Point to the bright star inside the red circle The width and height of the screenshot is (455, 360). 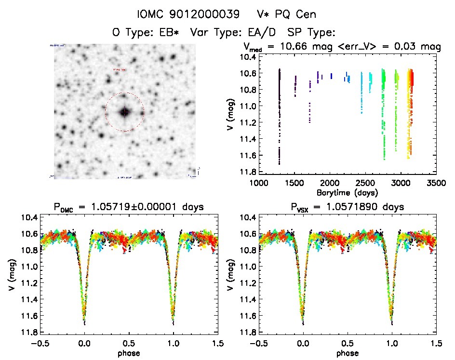click(x=124, y=112)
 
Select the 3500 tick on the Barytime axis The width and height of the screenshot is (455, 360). click(x=436, y=183)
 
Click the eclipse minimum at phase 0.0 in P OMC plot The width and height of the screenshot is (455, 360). click(x=84, y=321)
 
